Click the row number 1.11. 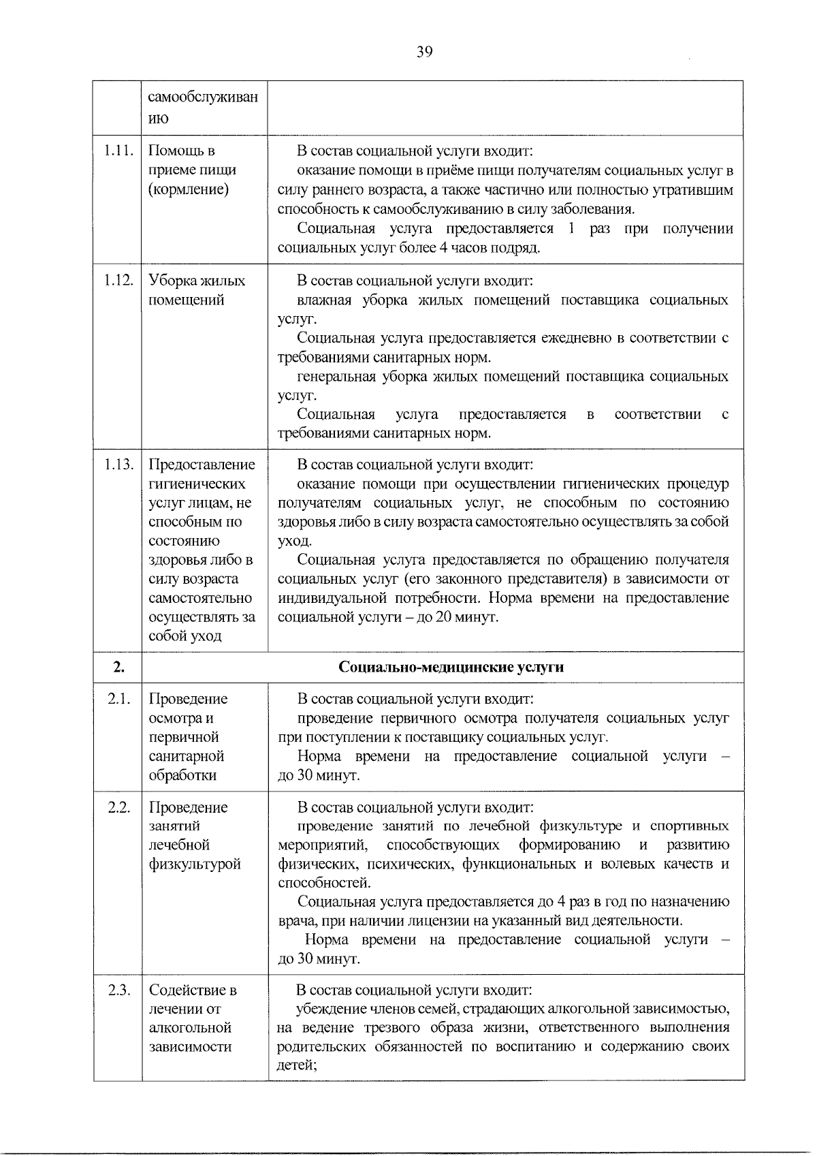(118, 151)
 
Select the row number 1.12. (118, 281)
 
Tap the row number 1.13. (118, 465)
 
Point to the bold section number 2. (118, 667)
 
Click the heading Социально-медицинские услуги (451, 667)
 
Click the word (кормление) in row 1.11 (188, 189)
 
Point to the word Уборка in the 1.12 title (172, 281)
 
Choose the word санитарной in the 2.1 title (186, 756)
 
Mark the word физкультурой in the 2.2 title (195, 864)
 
